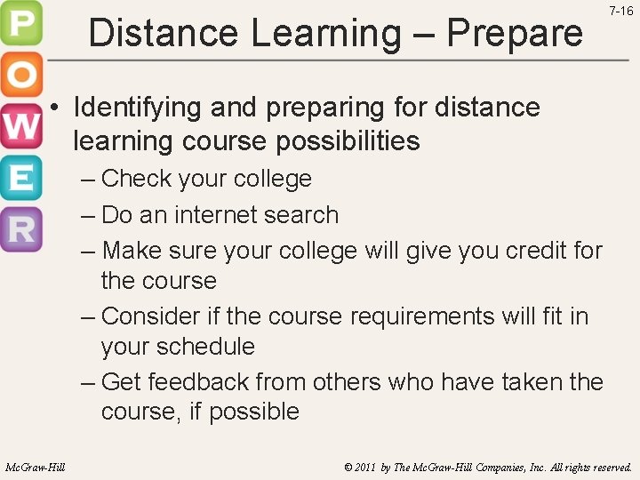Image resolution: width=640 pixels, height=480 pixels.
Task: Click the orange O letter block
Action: [20, 76]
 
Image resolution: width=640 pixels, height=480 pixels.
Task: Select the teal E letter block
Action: [20, 178]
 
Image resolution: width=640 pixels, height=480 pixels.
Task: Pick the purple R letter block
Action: [20, 229]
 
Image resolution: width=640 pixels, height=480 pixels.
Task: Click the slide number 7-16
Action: [621, 11]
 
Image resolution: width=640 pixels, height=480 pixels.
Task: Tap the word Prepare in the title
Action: [515, 34]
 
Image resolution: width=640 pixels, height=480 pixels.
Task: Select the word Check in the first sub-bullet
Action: [137, 179]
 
